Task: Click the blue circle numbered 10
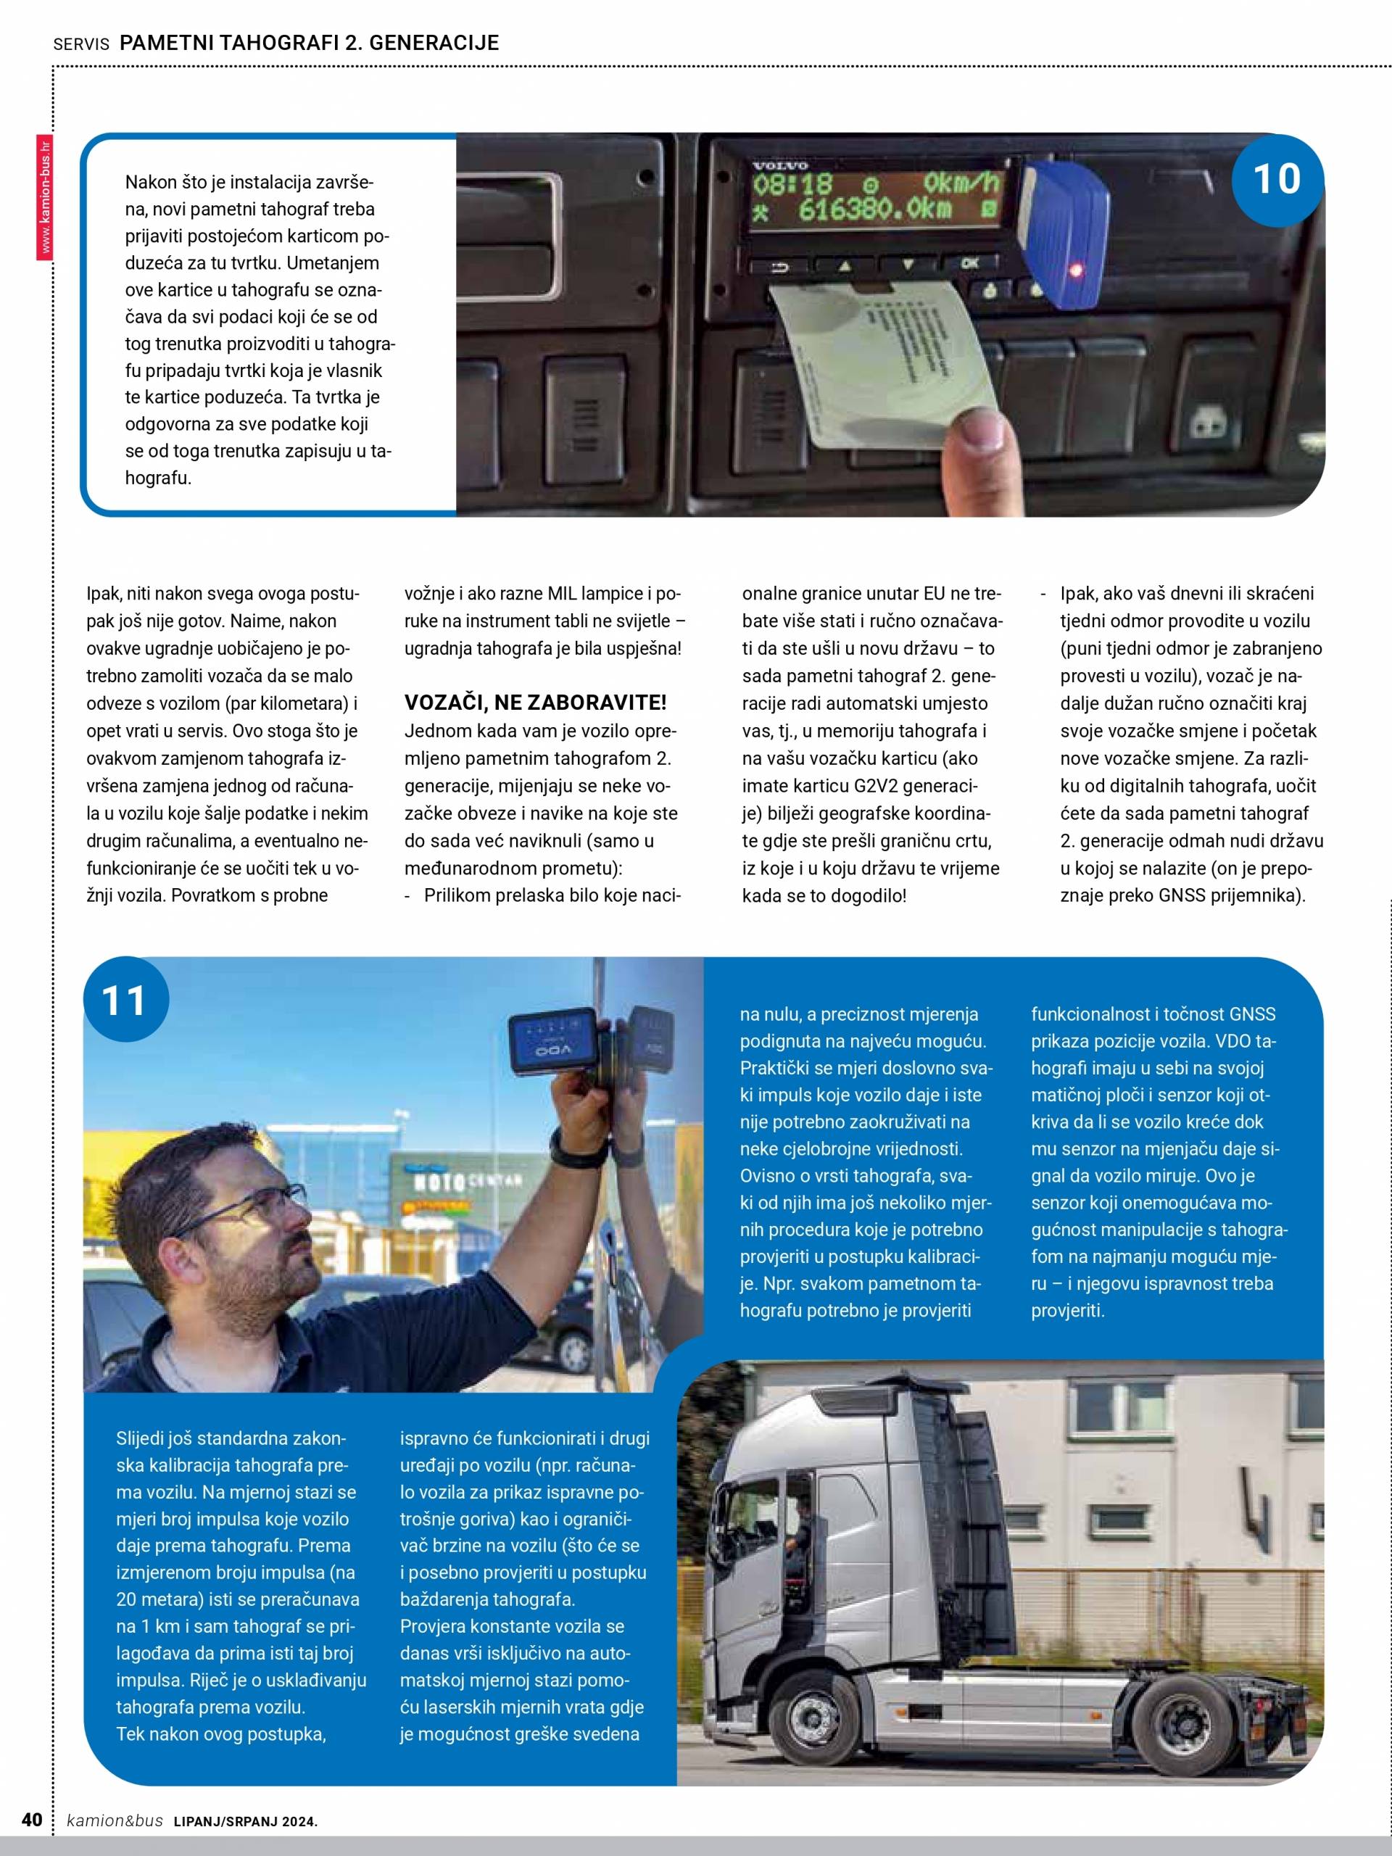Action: point(1276,180)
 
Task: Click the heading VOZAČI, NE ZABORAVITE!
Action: point(535,703)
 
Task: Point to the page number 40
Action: point(32,1819)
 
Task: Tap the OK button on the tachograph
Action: point(970,263)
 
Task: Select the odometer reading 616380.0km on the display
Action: point(874,210)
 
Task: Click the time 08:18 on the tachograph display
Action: point(792,183)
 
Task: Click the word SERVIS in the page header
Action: point(80,44)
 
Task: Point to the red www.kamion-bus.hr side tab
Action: point(44,198)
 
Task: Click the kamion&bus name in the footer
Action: point(115,1820)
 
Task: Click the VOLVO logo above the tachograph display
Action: point(779,166)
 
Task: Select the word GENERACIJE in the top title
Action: point(434,43)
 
